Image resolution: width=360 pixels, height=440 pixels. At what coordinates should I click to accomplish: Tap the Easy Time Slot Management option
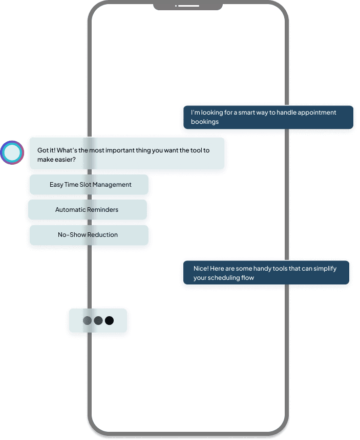point(89,185)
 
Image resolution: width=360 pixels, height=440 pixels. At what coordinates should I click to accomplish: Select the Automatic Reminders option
point(88,210)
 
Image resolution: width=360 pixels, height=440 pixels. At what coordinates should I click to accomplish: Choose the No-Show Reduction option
point(89,235)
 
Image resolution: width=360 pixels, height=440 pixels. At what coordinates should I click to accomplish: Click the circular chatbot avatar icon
point(12,152)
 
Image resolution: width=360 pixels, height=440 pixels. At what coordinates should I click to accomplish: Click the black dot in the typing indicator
point(109,320)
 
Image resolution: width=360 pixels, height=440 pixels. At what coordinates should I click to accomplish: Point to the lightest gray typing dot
point(88,320)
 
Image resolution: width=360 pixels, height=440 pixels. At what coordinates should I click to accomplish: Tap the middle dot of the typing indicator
point(98,320)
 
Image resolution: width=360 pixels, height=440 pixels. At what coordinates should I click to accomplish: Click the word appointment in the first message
point(317,113)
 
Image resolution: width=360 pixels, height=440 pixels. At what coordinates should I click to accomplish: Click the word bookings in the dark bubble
point(205,122)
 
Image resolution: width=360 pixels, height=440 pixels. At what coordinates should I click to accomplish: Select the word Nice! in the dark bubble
point(201,269)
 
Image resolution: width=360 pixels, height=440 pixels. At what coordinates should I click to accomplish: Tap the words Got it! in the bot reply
point(46,150)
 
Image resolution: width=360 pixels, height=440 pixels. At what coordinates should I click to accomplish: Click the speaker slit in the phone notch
point(188,6)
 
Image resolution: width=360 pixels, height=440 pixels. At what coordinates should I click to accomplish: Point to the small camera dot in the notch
point(176,6)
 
